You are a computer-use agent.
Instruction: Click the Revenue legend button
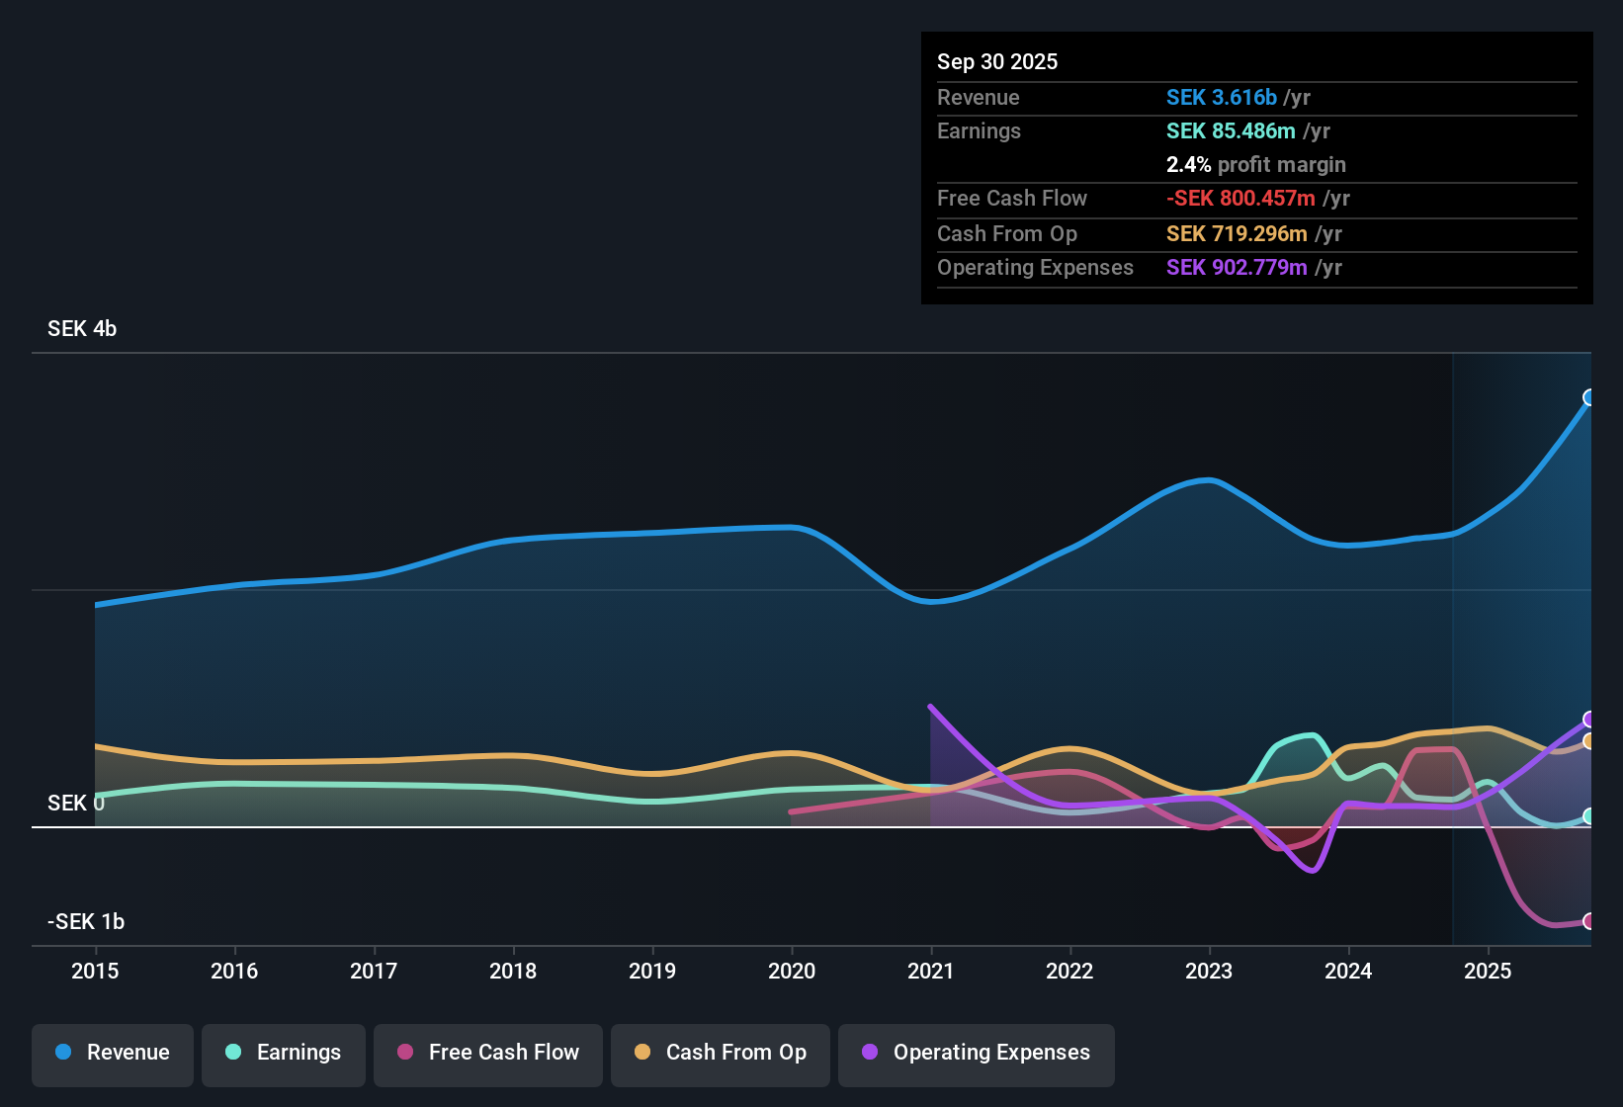pos(113,1053)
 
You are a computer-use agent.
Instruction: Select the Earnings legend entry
pos(284,1053)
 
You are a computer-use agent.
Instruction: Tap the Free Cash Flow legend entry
pos(488,1053)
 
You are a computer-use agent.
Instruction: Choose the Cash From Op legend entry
pos(721,1053)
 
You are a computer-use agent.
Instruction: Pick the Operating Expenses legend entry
pos(977,1053)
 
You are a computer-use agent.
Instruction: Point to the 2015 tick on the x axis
pos(95,971)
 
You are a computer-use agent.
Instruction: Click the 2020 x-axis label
pos(792,971)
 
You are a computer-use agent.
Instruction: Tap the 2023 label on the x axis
pos(1209,971)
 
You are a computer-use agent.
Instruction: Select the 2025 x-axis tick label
pos(1488,971)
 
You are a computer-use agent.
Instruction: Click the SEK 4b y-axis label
pos(82,329)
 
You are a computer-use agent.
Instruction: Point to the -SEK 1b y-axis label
pos(86,922)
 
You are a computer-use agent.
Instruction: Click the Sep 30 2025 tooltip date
pos(997,62)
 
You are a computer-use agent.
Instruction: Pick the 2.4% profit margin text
pos(1255,165)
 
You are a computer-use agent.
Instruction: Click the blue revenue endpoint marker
pos(1589,397)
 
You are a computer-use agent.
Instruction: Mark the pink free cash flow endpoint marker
pos(1589,921)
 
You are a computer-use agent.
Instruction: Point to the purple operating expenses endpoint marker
pos(1589,719)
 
